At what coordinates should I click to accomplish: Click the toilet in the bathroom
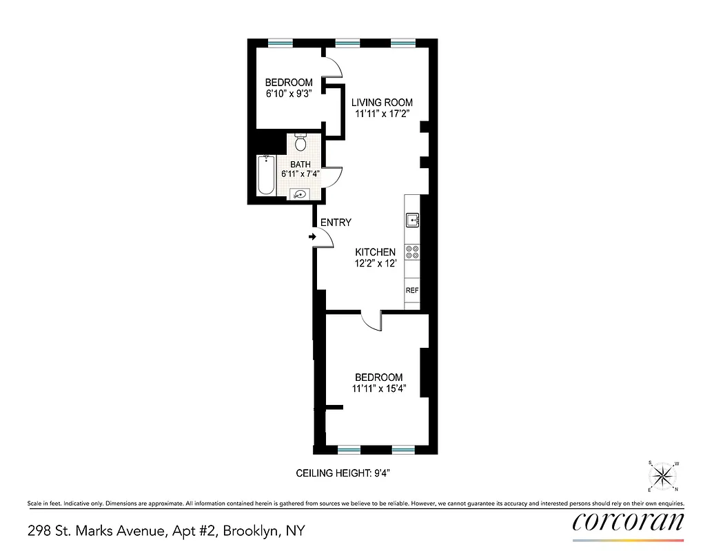point(300,143)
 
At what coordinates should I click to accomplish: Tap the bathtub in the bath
point(268,176)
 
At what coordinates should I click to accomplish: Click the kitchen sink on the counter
point(412,220)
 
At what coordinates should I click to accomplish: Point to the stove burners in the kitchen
point(412,252)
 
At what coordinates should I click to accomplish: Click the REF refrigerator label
point(412,291)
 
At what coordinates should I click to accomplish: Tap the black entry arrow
point(312,237)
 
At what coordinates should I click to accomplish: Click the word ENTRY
point(336,222)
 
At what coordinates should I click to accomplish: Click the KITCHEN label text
point(375,252)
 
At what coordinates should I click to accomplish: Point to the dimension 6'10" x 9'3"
point(289,94)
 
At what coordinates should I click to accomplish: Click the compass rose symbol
point(662,475)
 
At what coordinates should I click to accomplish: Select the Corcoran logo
point(629,521)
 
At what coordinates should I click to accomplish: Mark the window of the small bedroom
point(280,43)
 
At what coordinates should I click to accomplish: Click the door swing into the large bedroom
point(371,322)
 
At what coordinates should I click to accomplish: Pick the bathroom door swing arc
point(334,178)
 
